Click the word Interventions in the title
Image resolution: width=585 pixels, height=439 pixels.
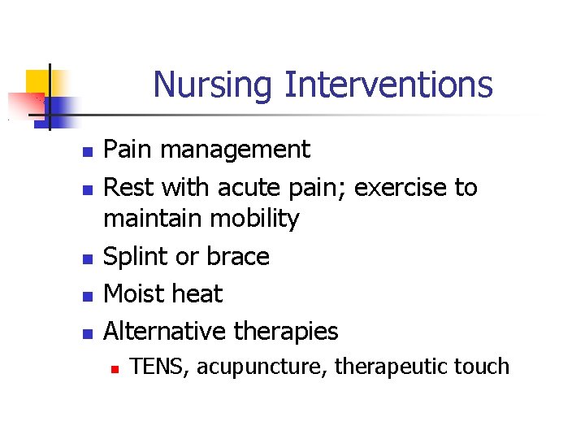(x=388, y=84)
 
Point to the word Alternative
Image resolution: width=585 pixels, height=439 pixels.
(x=166, y=331)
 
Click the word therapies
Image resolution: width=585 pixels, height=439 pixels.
(x=286, y=332)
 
